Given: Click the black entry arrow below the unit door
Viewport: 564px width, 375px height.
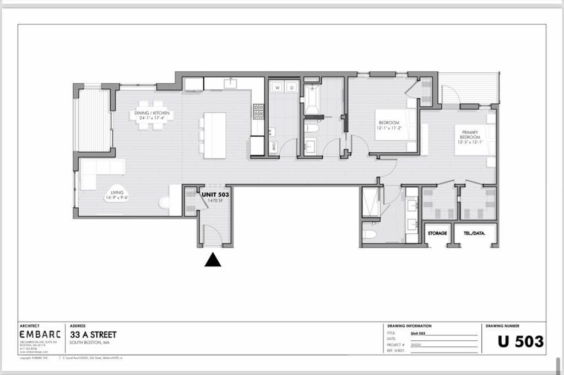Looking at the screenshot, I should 213,260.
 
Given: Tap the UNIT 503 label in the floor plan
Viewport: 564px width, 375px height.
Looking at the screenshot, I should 215,195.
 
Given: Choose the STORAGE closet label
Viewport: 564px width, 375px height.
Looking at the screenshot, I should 437,234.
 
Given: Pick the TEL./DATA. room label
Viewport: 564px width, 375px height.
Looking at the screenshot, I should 475,234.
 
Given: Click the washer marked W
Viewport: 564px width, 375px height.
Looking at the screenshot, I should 276,87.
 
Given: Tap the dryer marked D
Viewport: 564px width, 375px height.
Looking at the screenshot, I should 291,87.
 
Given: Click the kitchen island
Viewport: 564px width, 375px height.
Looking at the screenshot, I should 215,135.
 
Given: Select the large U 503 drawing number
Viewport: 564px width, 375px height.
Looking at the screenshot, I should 520,341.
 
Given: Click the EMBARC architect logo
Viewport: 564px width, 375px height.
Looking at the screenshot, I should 41,334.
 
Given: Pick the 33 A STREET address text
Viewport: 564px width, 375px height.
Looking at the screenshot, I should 93,334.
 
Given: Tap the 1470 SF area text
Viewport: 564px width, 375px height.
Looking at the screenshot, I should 215,201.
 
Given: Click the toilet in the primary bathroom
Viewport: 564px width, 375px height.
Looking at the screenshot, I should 370,234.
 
